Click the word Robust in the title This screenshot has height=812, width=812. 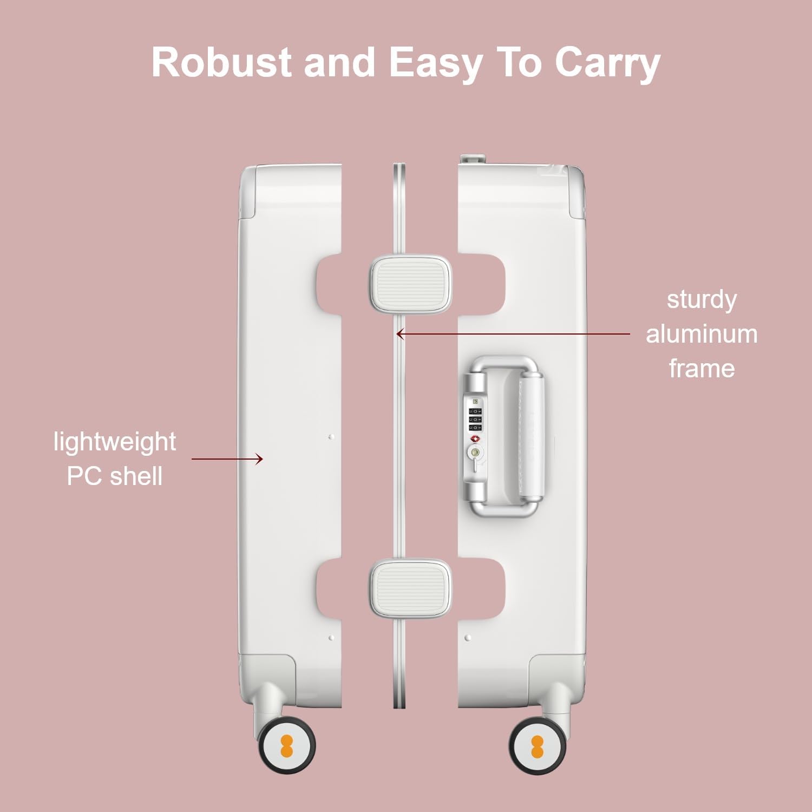[x=221, y=62]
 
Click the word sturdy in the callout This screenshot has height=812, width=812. [x=702, y=299]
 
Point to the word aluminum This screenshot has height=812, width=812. [x=702, y=334]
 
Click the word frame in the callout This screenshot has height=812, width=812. [x=702, y=369]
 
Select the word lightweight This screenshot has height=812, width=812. [x=115, y=442]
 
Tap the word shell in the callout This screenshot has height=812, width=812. [x=136, y=476]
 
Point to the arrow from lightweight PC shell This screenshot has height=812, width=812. [x=227, y=459]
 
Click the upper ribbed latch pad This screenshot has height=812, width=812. [x=410, y=284]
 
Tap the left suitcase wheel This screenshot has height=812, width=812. [x=286, y=745]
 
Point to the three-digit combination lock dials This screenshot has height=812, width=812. [x=475, y=419]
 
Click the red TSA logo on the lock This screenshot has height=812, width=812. [x=475, y=437]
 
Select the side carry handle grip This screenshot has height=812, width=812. [x=532, y=436]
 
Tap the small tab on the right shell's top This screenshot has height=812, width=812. [x=472, y=159]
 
